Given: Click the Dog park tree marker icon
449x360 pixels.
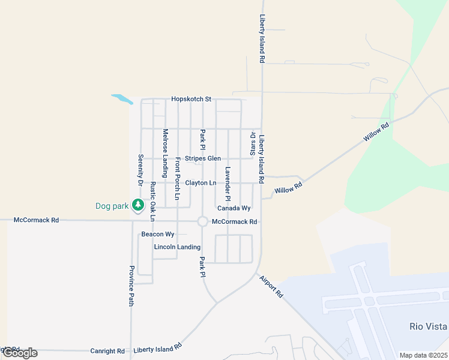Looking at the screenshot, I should [x=138, y=206].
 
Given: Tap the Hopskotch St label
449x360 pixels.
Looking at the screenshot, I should [x=191, y=99].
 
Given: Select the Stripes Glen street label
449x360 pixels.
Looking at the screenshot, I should [x=203, y=158].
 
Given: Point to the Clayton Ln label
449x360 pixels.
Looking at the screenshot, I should [x=200, y=182].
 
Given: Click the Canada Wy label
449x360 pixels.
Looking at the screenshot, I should [x=234, y=208].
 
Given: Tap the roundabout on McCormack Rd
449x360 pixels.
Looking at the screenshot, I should [x=202, y=221].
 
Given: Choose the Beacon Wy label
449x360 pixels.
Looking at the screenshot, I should [x=158, y=234].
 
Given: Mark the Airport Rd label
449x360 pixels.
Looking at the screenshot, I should [x=271, y=286].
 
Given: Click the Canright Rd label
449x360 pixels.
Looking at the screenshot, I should [x=107, y=351].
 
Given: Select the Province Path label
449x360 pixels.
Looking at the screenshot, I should [x=131, y=286].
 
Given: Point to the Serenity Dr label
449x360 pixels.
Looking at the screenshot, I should [x=140, y=170].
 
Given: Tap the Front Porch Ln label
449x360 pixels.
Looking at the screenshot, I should [x=178, y=179].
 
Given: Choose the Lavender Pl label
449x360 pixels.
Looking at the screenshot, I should [x=228, y=184].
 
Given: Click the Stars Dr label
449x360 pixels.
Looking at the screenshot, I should [x=253, y=143].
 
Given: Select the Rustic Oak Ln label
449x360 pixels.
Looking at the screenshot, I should [x=152, y=202].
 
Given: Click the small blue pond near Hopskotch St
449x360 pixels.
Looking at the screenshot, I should [x=121, y=98].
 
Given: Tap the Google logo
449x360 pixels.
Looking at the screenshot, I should [x=20, y=353].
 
